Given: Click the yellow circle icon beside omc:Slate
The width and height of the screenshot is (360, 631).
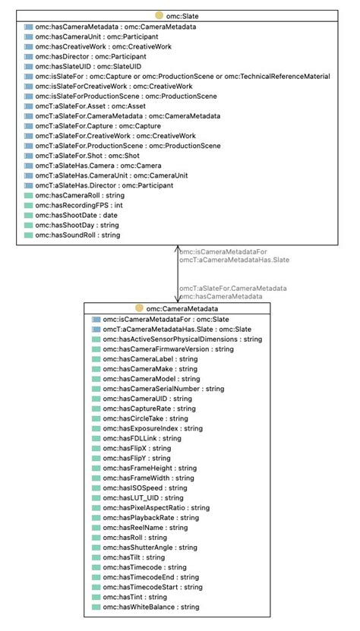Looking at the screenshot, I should pos(159,15).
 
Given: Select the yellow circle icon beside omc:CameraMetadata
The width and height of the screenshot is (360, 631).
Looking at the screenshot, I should pos(139,308).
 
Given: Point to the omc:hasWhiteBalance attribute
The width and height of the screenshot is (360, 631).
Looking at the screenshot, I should pos(150,607).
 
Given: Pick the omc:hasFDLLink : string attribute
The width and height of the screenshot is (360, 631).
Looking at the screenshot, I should pos(142,438).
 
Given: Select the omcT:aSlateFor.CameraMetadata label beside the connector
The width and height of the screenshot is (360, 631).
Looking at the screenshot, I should pos(232,289).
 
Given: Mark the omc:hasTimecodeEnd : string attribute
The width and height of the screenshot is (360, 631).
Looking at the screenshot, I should pos(152,578).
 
